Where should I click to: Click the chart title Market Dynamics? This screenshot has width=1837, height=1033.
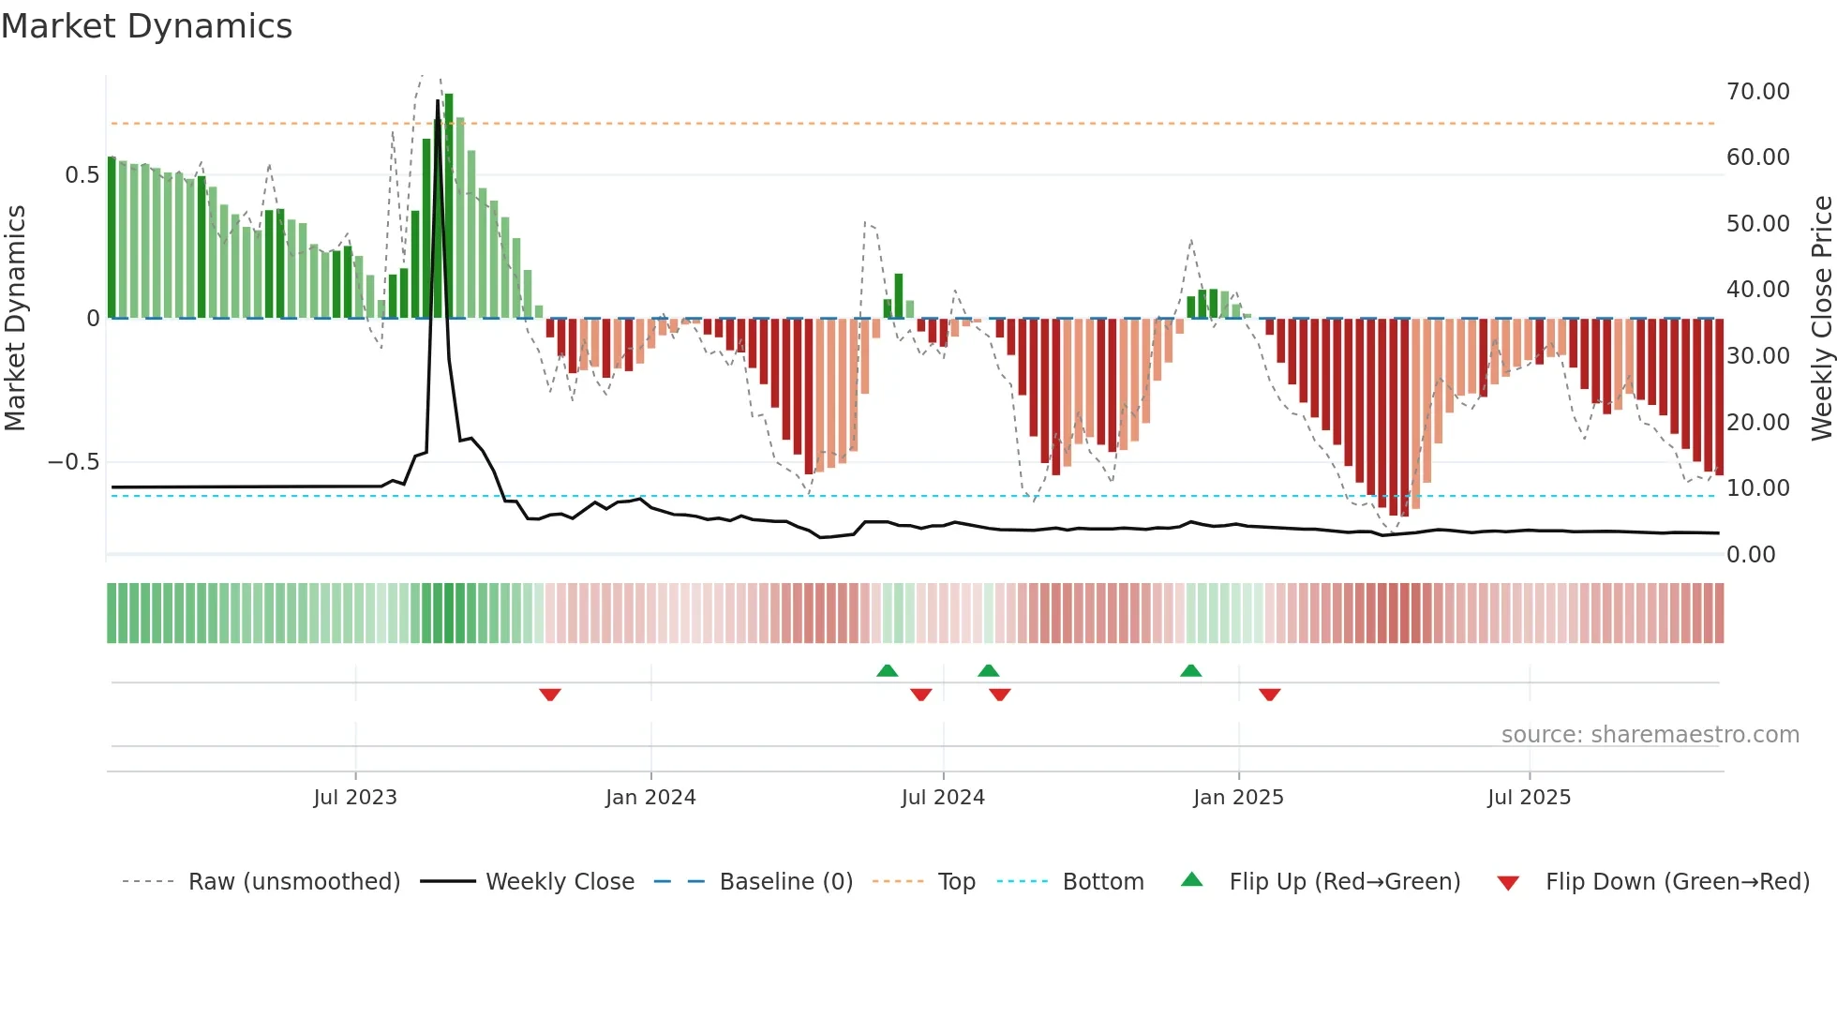coord(147,26)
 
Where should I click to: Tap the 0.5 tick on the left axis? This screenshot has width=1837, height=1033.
coord(82,175)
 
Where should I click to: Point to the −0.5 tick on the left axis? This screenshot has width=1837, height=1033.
coord(73,462)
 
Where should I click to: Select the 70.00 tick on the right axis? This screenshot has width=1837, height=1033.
coord(1757,92)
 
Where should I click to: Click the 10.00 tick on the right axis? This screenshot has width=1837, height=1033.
coord(1757,488)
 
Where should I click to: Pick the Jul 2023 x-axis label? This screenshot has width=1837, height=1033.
coord(355,798)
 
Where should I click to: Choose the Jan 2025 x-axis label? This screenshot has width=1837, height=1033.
coord(1238,798)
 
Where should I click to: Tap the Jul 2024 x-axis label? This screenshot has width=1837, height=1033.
coord(943,798)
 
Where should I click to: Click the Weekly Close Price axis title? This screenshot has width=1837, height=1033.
coord(1821,318)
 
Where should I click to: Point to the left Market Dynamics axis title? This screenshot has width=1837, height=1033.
coord(15,318)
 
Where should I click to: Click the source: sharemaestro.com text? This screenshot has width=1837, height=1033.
coord(1650,735)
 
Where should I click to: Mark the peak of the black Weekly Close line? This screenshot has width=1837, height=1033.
coord(438,101)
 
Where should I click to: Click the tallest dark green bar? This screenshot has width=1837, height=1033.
coord(449,206)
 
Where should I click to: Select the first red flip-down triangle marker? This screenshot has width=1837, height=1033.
coord(550,695)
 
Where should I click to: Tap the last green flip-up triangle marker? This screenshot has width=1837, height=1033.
coord(1190,670)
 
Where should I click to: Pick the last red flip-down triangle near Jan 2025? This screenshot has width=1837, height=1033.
coord(1269,695)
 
